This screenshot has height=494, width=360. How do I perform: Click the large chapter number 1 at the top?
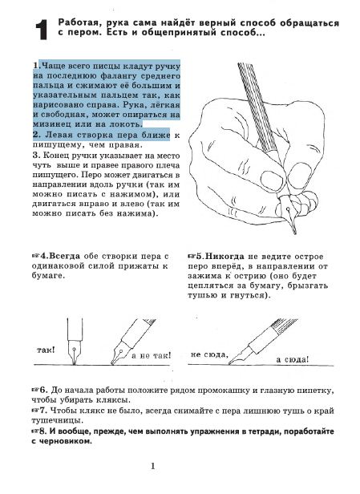[x=42, y=30]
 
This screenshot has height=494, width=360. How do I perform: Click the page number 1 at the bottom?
[x=153, y=466]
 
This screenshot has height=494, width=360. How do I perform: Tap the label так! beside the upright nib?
[x=46, y=350]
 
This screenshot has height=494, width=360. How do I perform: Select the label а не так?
[x=152, y=356]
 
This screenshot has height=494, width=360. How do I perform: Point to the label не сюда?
[x=209, y=354]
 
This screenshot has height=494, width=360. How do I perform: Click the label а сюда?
[x=293, y=359]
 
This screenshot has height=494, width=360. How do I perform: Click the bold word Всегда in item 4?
[x=65, y=256]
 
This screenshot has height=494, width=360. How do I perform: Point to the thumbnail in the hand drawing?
[x=273, y=180]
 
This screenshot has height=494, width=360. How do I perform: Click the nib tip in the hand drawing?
[x=295, y=233]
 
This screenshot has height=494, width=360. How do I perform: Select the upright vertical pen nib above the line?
[x=75, y=342]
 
